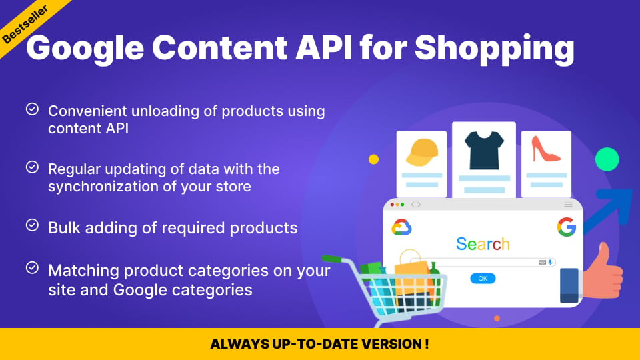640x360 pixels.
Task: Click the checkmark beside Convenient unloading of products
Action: click(x=31, y=109)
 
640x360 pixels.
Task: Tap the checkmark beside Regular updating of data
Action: click(x=31, y=167)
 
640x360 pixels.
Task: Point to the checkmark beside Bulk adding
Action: click(x=31, y=226)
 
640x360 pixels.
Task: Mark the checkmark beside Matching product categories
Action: click(x=31, y=268)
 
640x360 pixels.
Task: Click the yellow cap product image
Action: click(x=421, y=153)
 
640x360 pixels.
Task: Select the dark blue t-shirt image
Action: click(x=483, y=149)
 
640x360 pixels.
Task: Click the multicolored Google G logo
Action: click(x=566, y=227)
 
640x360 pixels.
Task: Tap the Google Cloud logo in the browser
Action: click(x=401, y=227)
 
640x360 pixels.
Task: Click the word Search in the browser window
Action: click(x=483, y=244)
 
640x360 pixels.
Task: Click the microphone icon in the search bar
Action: click(x=551, y=263)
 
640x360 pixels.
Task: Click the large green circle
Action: click(x=607, y=159)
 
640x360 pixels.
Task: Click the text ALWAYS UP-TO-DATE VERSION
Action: click(x=319, y=345)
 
